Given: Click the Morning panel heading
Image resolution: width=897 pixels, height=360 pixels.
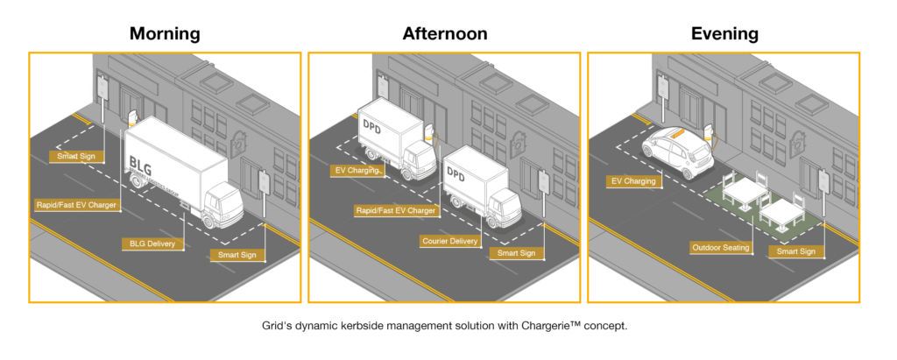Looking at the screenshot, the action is (x=165, y=34).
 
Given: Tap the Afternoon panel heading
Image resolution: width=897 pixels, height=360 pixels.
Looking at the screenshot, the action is (x=445, y=34).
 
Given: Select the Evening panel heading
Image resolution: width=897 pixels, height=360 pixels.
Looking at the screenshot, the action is (x=724, y=34).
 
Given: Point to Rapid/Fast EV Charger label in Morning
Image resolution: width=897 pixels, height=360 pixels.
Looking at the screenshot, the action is (x=77, y=205).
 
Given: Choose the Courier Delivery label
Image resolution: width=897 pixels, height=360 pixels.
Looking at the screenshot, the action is (x=450, y=241).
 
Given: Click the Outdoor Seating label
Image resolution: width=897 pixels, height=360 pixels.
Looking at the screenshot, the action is (x=720, y=248).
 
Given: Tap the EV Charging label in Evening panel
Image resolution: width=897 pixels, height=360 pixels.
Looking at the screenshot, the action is (x=633, y=181).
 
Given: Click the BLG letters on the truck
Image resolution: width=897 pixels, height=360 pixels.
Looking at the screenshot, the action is (x=139, y=163).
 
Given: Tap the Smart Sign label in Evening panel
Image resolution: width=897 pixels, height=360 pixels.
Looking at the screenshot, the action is (x=795, y=251).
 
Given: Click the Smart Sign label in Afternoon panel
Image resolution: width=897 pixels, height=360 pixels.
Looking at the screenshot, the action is (x=516, y=253).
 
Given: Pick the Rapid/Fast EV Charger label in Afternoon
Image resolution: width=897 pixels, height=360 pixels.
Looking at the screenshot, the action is (x=396, y=210).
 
